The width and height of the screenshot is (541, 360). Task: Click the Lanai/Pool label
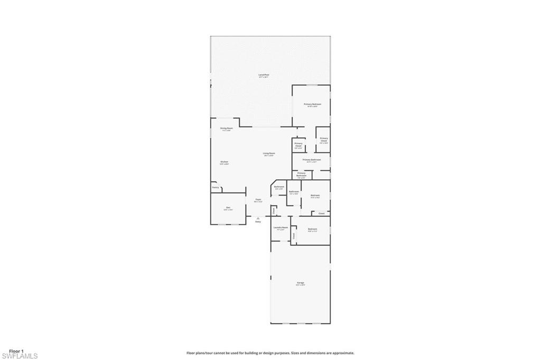[x=264, y=75]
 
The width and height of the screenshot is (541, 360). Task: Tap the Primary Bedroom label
[x=312, y=104]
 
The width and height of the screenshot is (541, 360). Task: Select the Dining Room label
[x=226, y=128]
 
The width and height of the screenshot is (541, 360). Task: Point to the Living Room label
[x=269, y=153]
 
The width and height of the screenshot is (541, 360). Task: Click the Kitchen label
[x=224, y=162]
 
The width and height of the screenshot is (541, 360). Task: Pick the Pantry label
[x=216, y=187]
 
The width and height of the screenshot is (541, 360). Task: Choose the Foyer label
[x=258, y=199]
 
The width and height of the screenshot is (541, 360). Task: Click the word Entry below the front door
[x=258, y=221]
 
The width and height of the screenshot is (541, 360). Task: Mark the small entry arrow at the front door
[x=258, y=217]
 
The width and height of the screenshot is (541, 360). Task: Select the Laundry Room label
[x=281, y=227]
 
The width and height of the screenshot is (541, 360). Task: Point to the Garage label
[x=300, y=283]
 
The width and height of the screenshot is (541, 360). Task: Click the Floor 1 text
[x=16, y=351]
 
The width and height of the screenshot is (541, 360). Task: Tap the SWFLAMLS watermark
[x=19, y=356]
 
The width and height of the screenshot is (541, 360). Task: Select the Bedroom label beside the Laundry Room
[x=312, y=228]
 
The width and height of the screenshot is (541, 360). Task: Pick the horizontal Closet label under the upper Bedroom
[x=321, y=213]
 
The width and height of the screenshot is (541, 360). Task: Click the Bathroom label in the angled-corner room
[x=279, y=187]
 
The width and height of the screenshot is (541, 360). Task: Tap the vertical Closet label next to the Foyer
[x=274, y=211]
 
